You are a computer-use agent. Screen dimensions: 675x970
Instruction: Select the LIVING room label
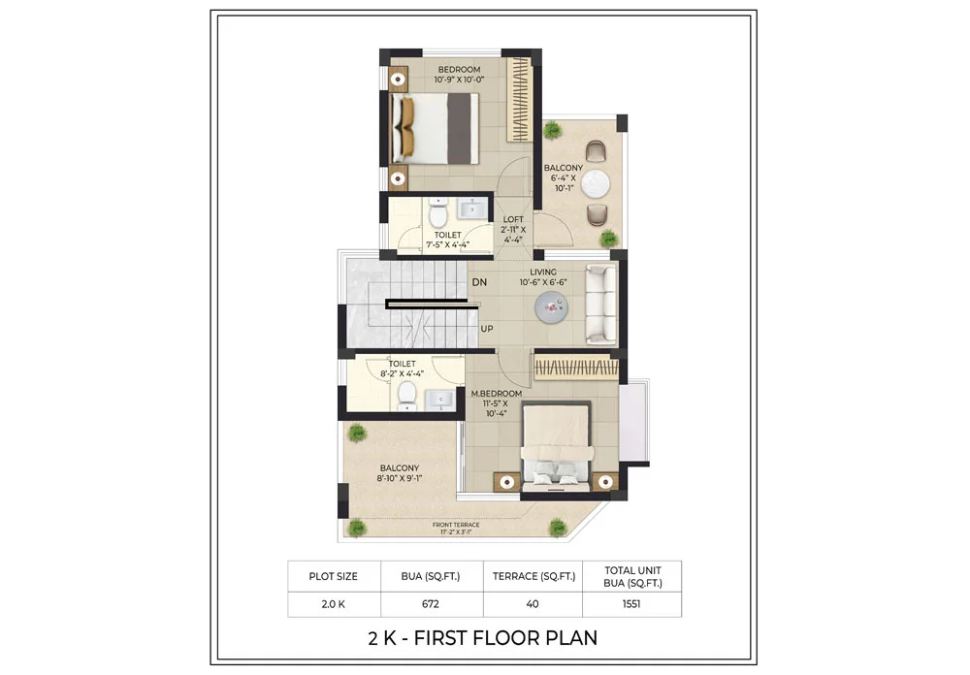[542, 273]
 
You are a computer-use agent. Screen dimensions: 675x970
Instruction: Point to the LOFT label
[512, 219]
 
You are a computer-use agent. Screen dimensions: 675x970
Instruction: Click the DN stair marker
[479, 282]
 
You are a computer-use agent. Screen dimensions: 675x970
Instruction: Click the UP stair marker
[487, 329]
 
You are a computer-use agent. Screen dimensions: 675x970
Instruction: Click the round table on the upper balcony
[598, 185]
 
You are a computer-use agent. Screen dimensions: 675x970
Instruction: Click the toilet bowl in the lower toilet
[407, 395]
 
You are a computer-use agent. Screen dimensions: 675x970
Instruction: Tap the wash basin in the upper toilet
[472, 209]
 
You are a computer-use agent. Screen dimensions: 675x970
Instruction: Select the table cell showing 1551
[632, 602]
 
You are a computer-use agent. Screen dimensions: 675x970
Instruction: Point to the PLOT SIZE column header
[334, 576]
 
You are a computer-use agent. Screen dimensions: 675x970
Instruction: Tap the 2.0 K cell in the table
[334, 602]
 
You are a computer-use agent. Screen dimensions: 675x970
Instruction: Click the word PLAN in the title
[569, 638]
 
